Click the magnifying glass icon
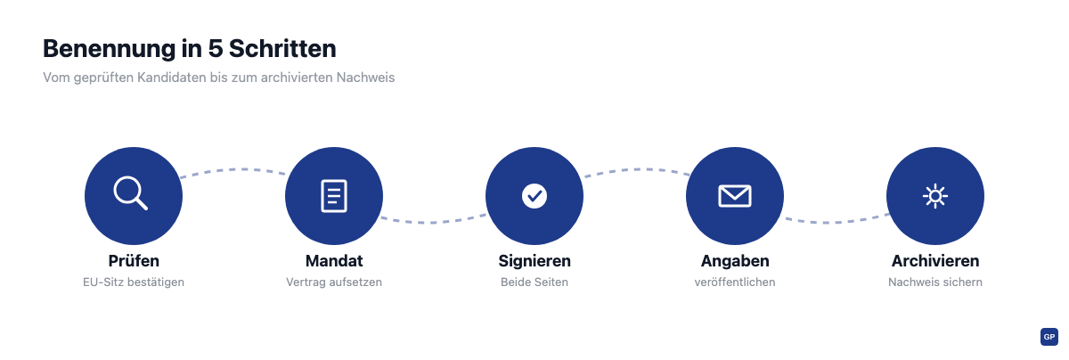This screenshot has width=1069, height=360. (130, 192)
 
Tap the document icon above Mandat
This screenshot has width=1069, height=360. (334, 196)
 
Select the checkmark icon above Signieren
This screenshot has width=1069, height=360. (534, 196)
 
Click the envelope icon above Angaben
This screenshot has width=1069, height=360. (735, 196)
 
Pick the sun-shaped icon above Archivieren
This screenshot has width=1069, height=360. (935, 196)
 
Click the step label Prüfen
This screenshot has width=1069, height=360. (134, 261)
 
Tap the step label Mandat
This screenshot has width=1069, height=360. (334, 261)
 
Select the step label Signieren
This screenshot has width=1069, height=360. (534, 261)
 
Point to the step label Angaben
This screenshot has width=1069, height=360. (735, 261)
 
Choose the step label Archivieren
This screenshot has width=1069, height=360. (935, 261)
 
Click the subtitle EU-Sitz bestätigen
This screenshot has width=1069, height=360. (134, 282)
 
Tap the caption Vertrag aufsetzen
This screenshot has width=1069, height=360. (334, 282)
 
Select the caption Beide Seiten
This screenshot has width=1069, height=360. (534, 282)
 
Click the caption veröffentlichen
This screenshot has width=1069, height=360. (735, 282)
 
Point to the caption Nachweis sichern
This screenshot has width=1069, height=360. (935, 282)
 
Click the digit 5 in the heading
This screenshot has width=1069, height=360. (216, 49)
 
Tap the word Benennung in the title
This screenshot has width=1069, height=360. (110, 49)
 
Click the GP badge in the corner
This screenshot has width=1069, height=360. (1049, 337)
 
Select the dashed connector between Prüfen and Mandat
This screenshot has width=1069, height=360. (233, 169)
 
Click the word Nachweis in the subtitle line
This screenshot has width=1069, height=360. (365, 78)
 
